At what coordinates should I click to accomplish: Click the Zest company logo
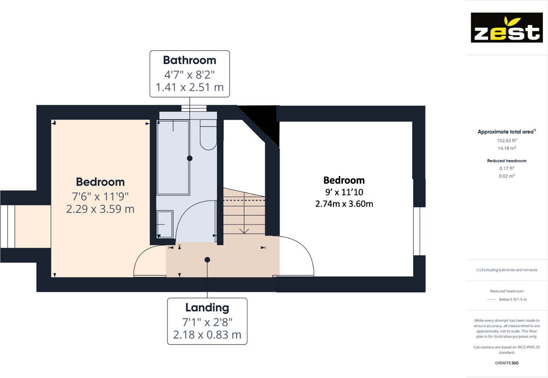tap(507, 27)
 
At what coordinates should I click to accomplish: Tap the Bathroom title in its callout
tap(190, 60)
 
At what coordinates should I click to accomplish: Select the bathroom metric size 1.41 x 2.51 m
tap(190, 87)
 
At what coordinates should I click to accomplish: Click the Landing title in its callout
tap(207, 308)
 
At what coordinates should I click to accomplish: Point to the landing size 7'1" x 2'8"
tap(207, 322)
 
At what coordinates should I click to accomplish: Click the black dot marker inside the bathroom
tap(190, 158)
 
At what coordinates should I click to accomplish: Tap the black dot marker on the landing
tap(207, 260)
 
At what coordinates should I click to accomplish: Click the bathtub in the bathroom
tap(173, 158)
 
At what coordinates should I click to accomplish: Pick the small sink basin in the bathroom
tap(165, 224)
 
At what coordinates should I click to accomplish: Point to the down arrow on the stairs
tap(244, 230)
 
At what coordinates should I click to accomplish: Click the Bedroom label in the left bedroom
tap(100, 182)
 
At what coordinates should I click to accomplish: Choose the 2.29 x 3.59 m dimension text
tap(100, 209)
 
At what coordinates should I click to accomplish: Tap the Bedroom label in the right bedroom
tap(344, 180)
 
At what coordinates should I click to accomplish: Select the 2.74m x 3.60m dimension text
tap(344, 204)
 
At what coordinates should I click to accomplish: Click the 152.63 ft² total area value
tap(507, 140)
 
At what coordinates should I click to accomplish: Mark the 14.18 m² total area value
tap(507, 148)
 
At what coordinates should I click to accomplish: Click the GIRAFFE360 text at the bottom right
tap(507, 363)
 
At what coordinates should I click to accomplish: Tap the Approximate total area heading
tap(506, 132)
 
